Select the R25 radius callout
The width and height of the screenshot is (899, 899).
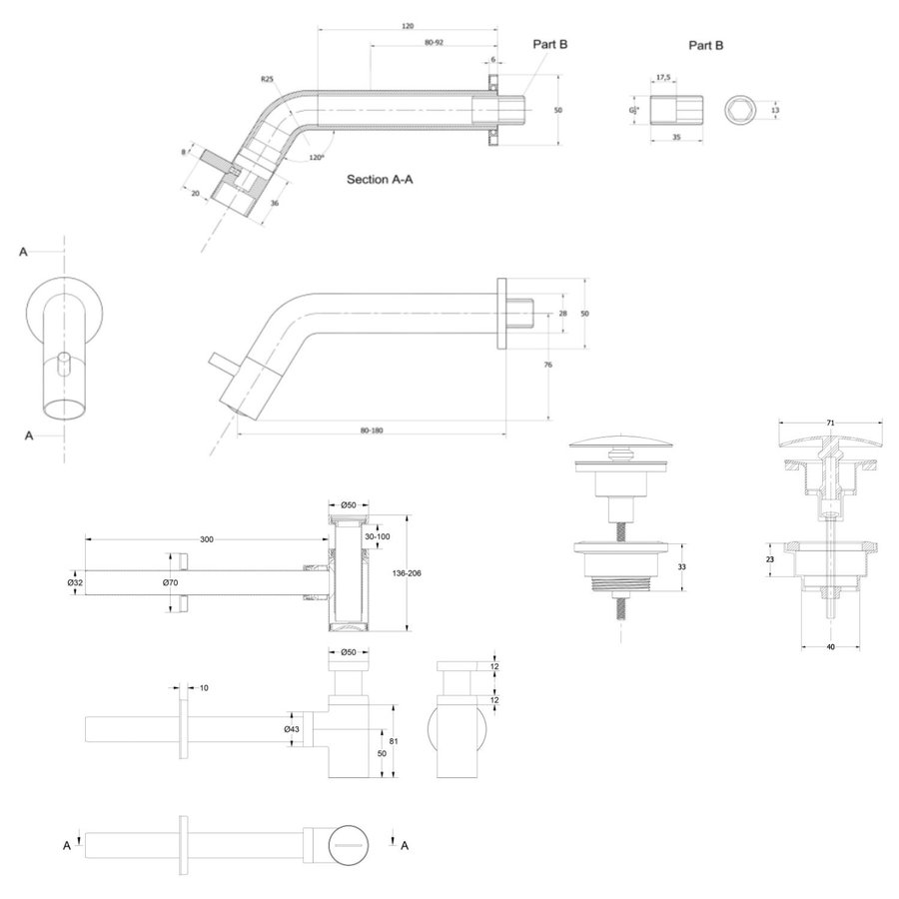tap(267, 78)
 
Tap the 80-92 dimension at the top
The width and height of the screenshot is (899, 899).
tap(435, 43)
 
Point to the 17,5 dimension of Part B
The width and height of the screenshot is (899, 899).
tap(663, 76)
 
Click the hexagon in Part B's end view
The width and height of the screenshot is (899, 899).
tap(738, 109)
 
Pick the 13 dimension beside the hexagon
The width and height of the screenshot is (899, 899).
tap(774, 109)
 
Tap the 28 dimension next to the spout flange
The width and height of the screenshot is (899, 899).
tap(562, 314)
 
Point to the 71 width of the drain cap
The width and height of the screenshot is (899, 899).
tap(830, 424)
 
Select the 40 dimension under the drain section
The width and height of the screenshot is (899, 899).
tap(830, 646)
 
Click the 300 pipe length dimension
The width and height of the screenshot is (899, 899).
tap(207, 539)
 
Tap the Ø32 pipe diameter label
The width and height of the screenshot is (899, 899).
tap(74, 581)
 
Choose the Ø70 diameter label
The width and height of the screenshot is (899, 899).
tap(170, 581)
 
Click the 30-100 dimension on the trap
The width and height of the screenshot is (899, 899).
tap(379, 536)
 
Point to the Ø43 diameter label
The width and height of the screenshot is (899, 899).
tap(293, 728)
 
